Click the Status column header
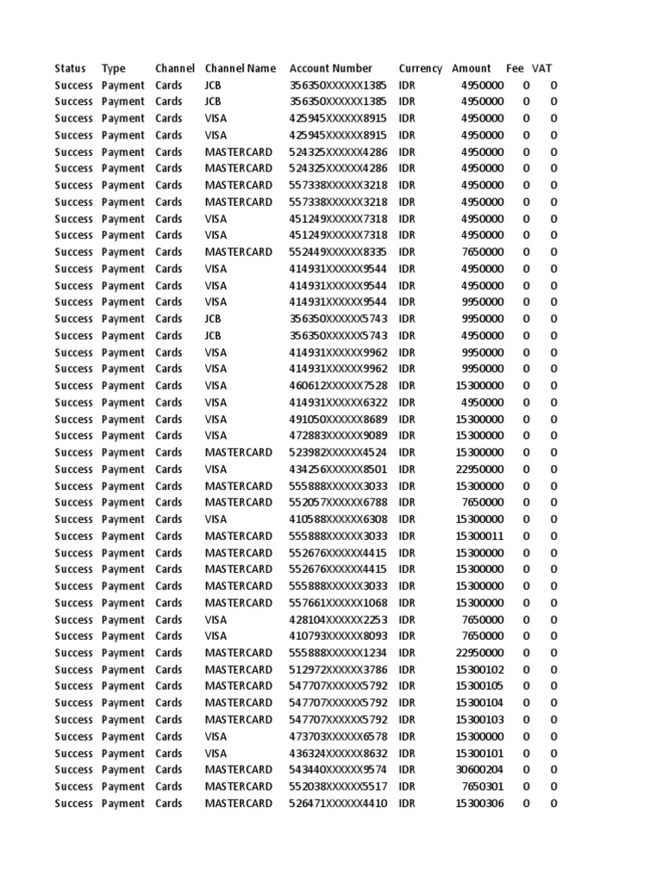click(x=70, y=69)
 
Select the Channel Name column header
click(x=240, y=69)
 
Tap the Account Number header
click(x=331, y=69)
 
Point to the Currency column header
click(x=420, y=69)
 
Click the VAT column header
click(x=542, y=69)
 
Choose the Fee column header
click(x=515, y=69)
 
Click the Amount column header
click(x=472, y=69)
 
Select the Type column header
click(x=114, y=69)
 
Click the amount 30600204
click(x=479, y=770)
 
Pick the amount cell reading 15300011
click(x=479, y=537)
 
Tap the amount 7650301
click(x=482, y=787)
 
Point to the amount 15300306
click(x=479, y=804)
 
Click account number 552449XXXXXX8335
click(x=338, y=252)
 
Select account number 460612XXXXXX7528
click(x=338, y=386)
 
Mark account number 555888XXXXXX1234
click(x=338, y=653)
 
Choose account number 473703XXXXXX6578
click(x=338, y=737)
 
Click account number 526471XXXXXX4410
click(x=338, y=804)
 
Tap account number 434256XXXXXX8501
click(x=338, y=469)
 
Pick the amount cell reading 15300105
click(x=479, y=686)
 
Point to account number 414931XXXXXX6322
click(x=338, y=403)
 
